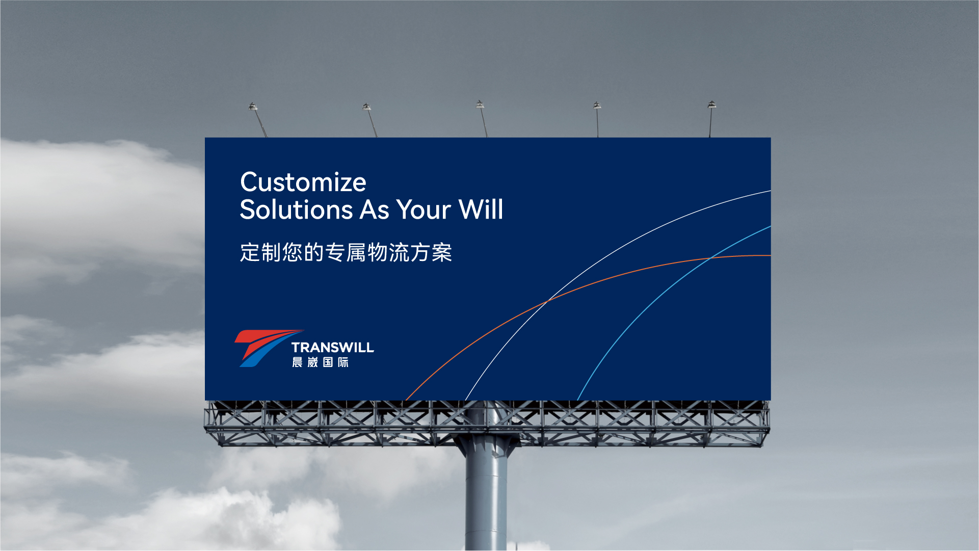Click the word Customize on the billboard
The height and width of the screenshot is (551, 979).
[x=303, y=182]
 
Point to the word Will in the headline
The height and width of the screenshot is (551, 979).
[x=481, y=209]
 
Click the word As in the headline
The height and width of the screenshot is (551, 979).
[x=375, y=209]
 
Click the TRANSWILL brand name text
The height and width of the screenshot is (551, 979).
[x=333, y=348]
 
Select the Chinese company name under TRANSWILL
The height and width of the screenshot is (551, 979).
[x=320, y=362]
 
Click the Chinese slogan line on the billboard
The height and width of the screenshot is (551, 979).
[x=346, y=252]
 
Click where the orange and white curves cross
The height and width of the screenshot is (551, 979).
[x=546, y=301]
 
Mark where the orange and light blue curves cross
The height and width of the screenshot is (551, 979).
[x=710, y=258]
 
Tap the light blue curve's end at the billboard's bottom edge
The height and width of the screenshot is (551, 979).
[x=577, y=400]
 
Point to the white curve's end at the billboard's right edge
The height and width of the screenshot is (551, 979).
[x=771, y=191]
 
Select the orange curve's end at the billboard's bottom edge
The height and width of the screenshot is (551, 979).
[x=405, y=400]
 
